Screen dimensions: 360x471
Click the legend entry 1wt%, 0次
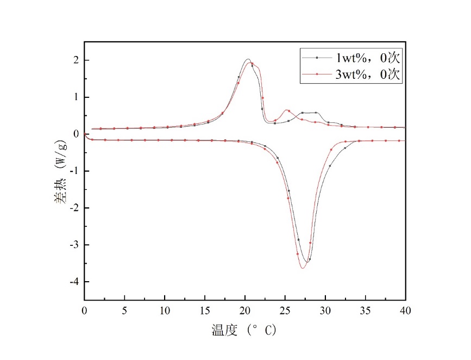tap(368, 57)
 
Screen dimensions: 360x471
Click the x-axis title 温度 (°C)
tap(244, 330)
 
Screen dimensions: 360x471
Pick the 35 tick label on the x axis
tap(366, 311)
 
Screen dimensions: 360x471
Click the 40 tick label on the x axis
tap(405, 311)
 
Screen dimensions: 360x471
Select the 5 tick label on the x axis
tap(124, 311)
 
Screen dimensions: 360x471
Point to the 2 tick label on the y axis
tap(77, 60)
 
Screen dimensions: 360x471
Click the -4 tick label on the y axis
tap(74, 282)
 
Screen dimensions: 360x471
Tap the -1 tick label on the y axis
tap(74, 171)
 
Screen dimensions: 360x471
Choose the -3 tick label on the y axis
tap(74, 245)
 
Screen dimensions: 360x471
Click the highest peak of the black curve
tap(247, 59)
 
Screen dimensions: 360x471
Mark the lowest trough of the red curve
tap(303, 268)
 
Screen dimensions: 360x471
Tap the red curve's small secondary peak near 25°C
tap(287, 110)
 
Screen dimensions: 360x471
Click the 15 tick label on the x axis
tap(205, 311)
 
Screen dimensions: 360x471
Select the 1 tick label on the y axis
tap(77, 97)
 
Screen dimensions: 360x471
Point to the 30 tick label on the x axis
tap(325, 311)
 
